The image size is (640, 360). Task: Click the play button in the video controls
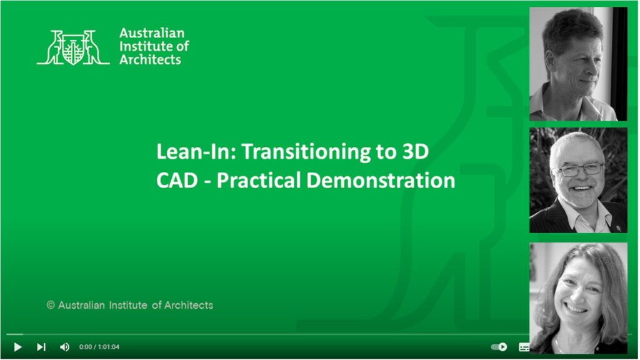17,347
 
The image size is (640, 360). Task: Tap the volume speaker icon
64,347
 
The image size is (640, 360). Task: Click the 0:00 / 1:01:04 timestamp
99,347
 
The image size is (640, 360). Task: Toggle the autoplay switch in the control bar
499,347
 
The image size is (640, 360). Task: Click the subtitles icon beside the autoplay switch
524,347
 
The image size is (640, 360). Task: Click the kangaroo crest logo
73,47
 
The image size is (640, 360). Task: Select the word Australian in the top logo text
152,33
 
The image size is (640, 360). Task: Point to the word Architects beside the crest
150,60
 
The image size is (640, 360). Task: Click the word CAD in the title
174,181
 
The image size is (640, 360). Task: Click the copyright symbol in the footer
51,306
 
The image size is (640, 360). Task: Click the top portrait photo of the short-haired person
572,64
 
